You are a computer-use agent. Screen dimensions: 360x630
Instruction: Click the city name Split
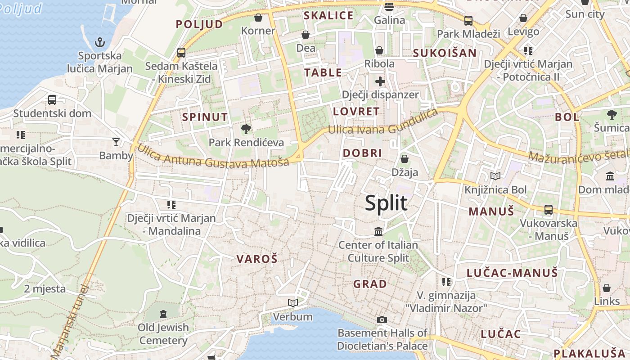pyautogui.click(x=386, y=203)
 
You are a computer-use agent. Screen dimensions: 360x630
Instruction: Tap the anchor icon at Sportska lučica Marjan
pyautogui.click(x=100, y=43)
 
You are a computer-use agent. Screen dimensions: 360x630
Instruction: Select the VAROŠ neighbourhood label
pyautogui.click(x=257, y=259)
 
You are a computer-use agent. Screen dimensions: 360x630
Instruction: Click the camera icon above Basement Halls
pyautogui.click(x=382, y=319)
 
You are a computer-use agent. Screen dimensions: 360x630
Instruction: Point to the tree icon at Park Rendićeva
pyautogui.click(x=246, y=129)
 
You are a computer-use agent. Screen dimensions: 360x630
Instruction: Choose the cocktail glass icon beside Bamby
pyautogui.click(x=116, y=142)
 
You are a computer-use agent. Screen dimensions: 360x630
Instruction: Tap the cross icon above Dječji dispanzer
pyautogui.click(x=380, y=81)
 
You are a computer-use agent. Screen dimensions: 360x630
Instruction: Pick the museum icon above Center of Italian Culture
pyautogui.click(x=378, y=231)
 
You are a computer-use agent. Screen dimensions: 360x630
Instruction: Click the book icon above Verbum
pyautogui.click(x=293, y=303)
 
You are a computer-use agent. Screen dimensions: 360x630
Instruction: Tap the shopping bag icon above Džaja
pyautogui.click(x=405, y=158)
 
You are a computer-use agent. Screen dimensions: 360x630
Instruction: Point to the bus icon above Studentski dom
pyautogui.click(x=52, y=99)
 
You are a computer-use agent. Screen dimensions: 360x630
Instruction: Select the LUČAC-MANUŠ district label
pyautogui.click(x=512, y=273)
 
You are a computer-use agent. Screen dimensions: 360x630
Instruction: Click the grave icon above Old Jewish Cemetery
pyautogui.click(x=163, y=314)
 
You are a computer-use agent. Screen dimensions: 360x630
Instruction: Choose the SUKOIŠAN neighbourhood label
pyautogui.click(x=445, y=53)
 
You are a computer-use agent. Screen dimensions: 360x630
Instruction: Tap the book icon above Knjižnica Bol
pyautogui.click(x=495, y=176)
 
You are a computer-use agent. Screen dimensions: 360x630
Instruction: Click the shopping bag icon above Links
pyautogui.click(x=607, y=288)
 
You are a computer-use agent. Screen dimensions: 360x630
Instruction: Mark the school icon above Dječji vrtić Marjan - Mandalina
pyautogui.click(x=171, y=205)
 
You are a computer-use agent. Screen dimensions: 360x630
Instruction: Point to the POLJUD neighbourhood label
pyautogui.click(x=199, y=24)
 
